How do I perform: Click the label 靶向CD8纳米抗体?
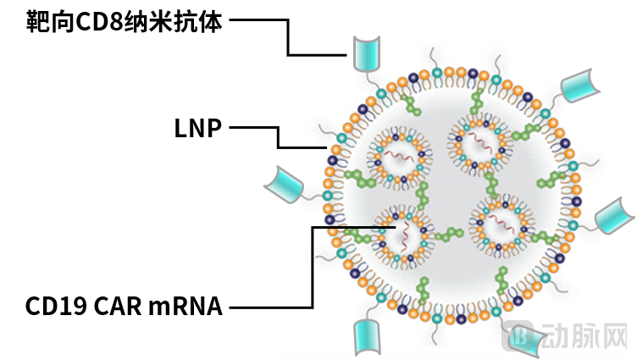click(x=124, y=22)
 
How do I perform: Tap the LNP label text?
click(x=198, y=129)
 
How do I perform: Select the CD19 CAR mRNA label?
click(x=124, y=306)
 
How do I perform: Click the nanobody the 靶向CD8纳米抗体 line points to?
click(x=367, y=53)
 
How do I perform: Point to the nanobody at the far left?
click(x=285, y=185)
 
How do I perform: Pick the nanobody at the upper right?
click(x=579, y=86)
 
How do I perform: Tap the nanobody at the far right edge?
click(x=614, y=215)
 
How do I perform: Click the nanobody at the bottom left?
click(x=368, y=337)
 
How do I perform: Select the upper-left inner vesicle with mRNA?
click(x=400, y=158)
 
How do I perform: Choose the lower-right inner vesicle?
click(x=502, y=225)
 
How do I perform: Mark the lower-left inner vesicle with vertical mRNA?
click(x=403, y=236)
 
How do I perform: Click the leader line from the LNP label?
click(x=279, y=137)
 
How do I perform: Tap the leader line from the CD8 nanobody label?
click(x=288, y=36)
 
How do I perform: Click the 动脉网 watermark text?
click(x=584, y=336)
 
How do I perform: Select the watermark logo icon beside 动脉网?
click(x=518, y=335)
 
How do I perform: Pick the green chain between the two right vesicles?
click(x=492, y=186)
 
